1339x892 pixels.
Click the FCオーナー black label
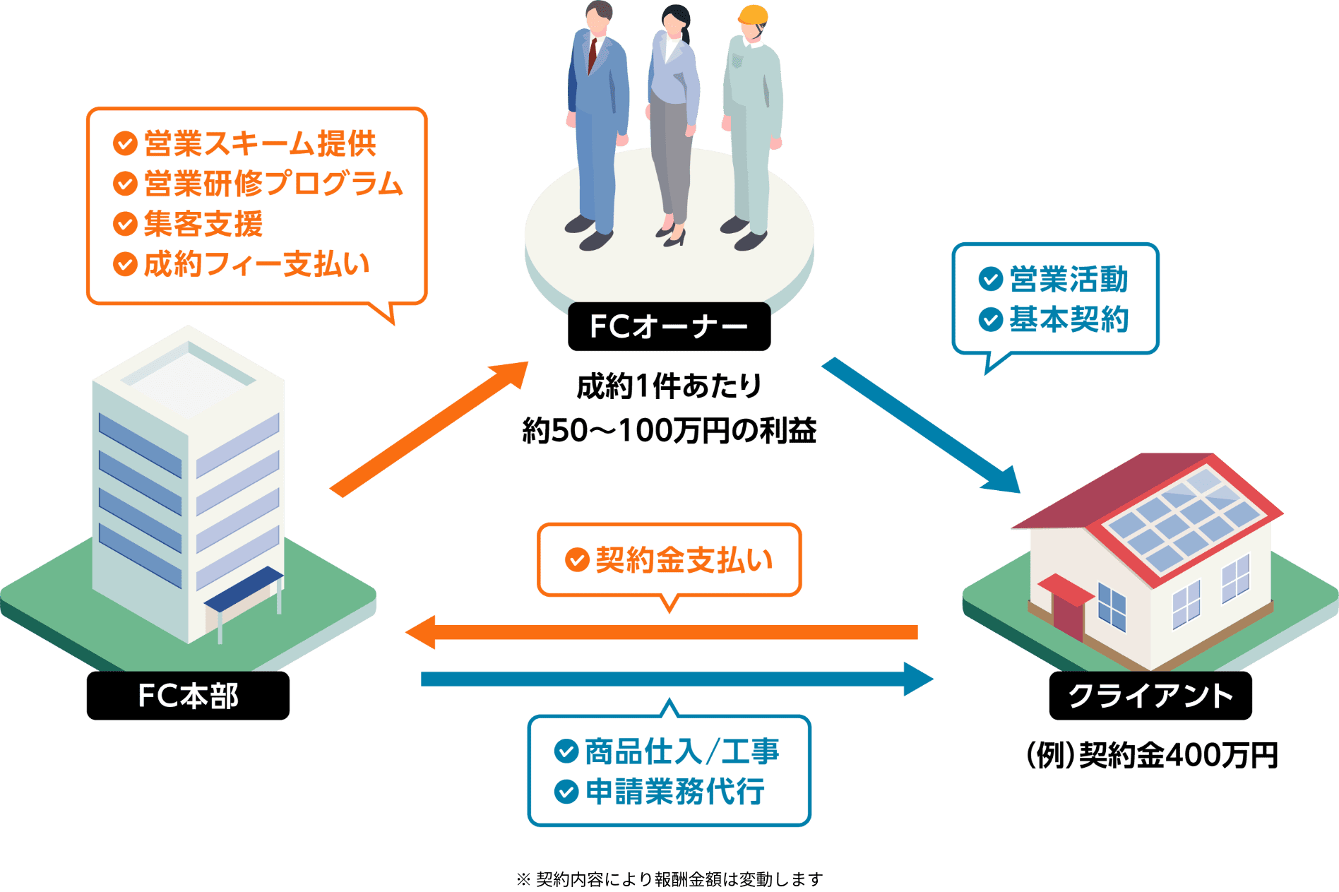click(669, 326)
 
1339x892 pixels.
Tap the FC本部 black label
click(188, 696)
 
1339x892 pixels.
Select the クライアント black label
click(1150, 696)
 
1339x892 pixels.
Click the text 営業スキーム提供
click(260, 144)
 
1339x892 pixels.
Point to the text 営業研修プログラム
click(273, 184)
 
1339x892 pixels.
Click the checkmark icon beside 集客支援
click(125, 224)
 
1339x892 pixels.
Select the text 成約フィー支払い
click(257, 264)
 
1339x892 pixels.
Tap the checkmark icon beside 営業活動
click(990, 279)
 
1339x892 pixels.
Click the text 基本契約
click(1069, 319)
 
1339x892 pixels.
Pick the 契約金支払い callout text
click(684, 560)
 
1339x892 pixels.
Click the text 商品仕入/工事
click(682, 751)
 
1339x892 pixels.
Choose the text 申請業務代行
click(674, 792)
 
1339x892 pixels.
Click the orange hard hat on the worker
click(753, 16)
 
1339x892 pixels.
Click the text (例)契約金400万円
click(1152, 756)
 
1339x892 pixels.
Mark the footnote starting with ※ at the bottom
click(669, 879)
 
